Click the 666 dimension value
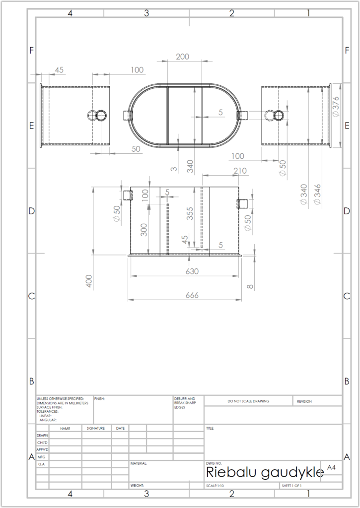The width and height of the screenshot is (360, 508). (x=192, y=295)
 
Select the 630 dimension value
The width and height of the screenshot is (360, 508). (x=192, y=271)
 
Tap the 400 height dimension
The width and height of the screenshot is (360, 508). (x=89, y=281)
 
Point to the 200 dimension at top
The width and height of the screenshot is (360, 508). (x=182, y=57)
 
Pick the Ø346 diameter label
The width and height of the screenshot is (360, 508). (x=317, y=194)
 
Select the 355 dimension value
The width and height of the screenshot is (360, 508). (x=190, y=213)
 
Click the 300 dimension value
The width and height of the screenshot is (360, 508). (x=144, y=230)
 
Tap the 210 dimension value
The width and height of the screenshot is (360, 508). (x=240, y=171)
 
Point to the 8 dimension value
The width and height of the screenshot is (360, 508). (x=250, y=286)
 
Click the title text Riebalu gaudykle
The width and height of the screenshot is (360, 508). (x=265, y=473)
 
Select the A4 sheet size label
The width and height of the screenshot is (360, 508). (x=331, y=467)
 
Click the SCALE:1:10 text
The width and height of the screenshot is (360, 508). (x=215, y=486)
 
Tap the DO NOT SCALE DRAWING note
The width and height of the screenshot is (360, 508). (x=248, y=401)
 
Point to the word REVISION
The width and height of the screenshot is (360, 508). (x=304, y=401)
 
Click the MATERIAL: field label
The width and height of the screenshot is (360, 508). (x=139, y=464)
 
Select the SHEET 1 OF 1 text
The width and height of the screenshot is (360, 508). (x=291, y=486)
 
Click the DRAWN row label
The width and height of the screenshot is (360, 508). (x=43, y=436)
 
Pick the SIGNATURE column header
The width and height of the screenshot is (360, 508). (x=96, y=428)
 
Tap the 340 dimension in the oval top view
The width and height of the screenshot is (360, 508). (x=190, y=166)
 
